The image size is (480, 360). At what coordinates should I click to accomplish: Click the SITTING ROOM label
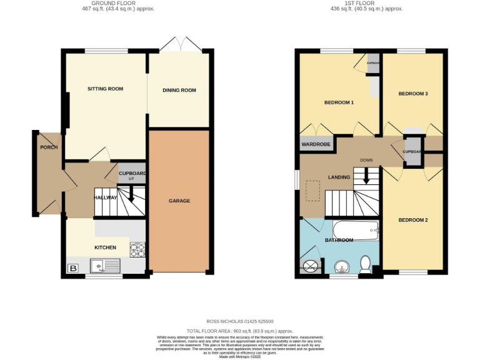click(105, 89)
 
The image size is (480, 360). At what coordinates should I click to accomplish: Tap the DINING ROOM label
click(179, 90)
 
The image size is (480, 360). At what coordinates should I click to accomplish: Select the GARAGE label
click(179, 201)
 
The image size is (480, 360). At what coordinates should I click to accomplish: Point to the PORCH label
click(49, 147)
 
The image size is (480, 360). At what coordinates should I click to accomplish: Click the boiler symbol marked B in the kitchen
click(72, 268)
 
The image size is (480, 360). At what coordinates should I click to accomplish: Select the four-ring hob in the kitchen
click(137, 249)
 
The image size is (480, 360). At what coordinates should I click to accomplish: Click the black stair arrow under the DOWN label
click(367, 177)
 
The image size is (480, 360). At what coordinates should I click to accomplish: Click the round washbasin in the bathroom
click(341, 268)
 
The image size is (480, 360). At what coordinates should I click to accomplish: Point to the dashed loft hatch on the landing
click(313, 191)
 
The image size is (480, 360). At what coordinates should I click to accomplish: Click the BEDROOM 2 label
click(413, 220)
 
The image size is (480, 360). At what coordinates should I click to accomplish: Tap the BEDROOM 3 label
click(413, 94)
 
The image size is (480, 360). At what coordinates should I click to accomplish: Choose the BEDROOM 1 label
click(339, 102)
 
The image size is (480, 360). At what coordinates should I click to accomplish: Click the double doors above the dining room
click(179, 45)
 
